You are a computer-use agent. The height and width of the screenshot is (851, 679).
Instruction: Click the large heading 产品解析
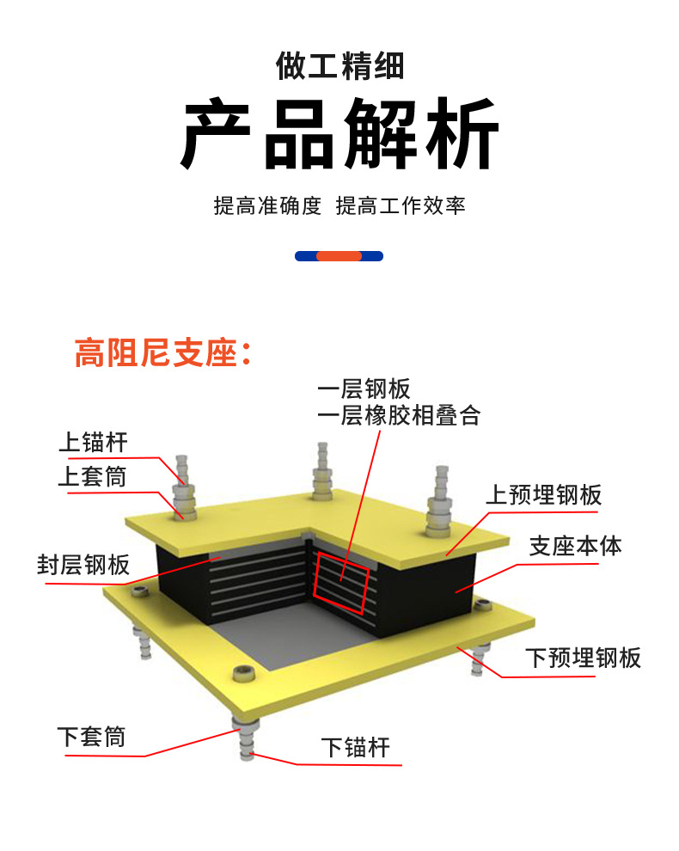(x=339, y=136)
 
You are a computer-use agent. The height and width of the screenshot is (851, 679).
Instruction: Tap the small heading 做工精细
(x=339, y=65)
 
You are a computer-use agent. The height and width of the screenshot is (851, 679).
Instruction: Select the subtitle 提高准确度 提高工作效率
(x=339, y=206)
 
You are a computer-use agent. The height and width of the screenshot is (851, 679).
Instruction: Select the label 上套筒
(x=92, y=476)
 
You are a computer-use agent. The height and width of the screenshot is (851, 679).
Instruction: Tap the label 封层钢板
(x=83, y=565)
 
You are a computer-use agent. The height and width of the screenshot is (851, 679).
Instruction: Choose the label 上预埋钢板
(x=543, y=495)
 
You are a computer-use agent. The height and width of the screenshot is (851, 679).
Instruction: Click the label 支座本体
(x=575, y=546)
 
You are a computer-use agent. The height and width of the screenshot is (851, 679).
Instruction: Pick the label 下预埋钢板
(x=583, y=658)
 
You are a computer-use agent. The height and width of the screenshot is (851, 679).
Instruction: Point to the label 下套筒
(x=91, y=737)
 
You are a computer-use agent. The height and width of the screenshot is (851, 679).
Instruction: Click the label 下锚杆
(x=356, y=747)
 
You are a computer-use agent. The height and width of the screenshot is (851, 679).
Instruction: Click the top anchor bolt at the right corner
(x=441, y=498)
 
